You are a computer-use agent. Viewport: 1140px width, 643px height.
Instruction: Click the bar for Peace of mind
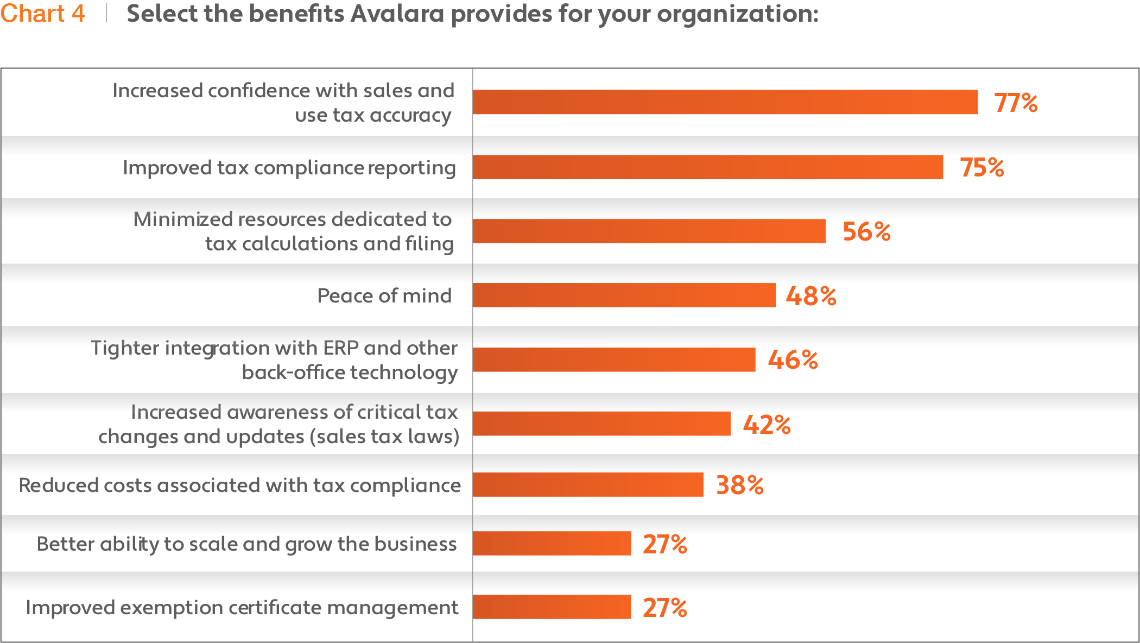pyautogui.click(x=624, y=295)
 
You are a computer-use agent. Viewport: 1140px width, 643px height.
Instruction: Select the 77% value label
pyautogui.click(x=1016, y=103)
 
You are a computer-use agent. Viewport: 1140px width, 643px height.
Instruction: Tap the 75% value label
pyautogui.click(x=981, y=167)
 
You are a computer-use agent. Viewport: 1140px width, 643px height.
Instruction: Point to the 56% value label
pyautogui.click(x=866, y=231)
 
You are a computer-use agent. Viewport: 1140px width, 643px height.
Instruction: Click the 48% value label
pyautogui.click(x=811, y=296)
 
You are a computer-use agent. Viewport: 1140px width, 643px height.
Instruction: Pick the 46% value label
pyautogui.click(x=793, y=360)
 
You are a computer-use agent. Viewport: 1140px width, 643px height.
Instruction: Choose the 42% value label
pyautogui.click(x=767, y=424)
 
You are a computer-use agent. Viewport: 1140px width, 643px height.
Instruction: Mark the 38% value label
pyautogui.click(x=739, y=485)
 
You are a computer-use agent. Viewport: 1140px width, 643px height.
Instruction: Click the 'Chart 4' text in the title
pyautogui.click(x=42, y=14)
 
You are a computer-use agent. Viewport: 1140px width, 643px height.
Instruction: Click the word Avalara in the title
pyautogui.click(x=397, y=14)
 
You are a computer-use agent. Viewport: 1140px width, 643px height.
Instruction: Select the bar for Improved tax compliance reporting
pyautogui.click(x=708, y=167)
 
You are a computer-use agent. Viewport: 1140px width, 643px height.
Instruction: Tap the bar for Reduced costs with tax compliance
pyautogui.click(x=588, y=484)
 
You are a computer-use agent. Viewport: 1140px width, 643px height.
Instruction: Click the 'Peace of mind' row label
pyautogui.click(x=384, y=295)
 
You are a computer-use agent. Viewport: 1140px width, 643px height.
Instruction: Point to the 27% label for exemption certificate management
pyautogui.click(x=664, y=608)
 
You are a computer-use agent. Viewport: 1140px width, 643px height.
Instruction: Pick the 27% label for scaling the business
pyautogui.click(x=664, y=544)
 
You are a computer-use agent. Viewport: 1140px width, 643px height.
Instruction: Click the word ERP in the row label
pyautogui.click(x=340, y=348)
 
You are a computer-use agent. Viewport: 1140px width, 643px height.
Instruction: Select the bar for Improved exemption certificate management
pyautogui.click(x=552, y=607)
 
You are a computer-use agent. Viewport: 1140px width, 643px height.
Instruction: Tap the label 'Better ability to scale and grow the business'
pyautogui.click(x=246, y=544)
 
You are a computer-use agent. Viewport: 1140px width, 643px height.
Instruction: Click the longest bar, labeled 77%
pyautogui.click(x=725, y=102)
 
